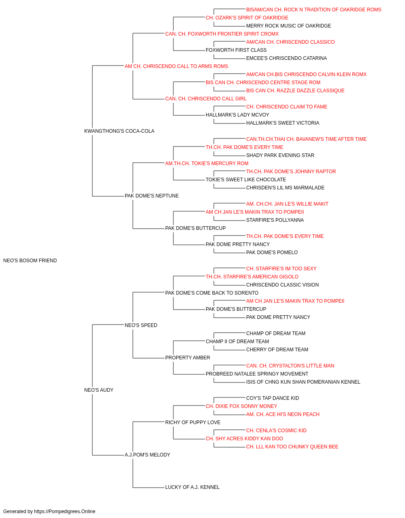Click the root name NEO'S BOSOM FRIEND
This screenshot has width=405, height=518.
coord(30,261)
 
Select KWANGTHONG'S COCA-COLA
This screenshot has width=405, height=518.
coord(119,131)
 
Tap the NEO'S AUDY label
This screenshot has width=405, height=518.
coord(99,390)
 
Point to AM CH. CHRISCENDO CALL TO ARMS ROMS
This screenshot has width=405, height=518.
coord(176,66)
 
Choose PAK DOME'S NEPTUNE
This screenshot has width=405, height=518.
coord(152,196)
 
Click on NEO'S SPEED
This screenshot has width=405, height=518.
coord(141,325)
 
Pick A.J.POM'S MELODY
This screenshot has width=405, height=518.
coord(147,455)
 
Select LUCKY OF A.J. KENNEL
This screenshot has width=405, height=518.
coord(192,487)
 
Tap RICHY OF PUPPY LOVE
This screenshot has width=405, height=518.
coord(193,422)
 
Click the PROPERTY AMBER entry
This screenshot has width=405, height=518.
coord(188,358)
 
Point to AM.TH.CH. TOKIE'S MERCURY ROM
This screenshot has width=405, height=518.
coord(207,163)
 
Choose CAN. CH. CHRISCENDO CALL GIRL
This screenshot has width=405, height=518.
coord(206,99)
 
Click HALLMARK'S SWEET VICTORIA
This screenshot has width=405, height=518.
coord(283,123)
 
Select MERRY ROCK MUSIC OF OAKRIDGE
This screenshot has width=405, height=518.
coord(289,26)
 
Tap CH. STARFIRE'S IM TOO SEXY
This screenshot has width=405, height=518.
coord(281,269)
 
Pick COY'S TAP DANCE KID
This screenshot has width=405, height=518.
coord(273,398)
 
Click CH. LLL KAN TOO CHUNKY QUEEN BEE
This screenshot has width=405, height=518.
coord(292,447)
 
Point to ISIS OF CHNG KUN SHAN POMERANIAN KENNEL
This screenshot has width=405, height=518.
coord(303,382)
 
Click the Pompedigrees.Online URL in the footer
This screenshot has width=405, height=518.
coord(64,512)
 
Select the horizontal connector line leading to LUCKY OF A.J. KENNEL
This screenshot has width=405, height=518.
coord(149,488)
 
